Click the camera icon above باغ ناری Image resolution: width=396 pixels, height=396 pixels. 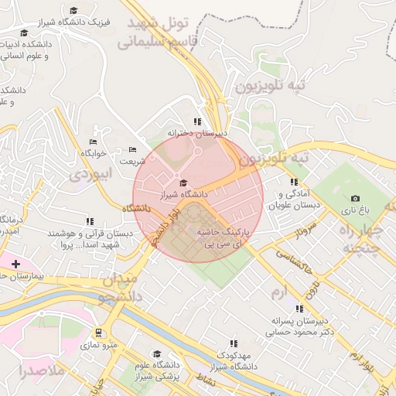point(355,199)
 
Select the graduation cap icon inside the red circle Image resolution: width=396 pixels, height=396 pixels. point(183,183)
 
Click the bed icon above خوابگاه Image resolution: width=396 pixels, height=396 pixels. point(94,142)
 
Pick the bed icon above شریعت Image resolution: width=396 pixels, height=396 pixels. point(132,149)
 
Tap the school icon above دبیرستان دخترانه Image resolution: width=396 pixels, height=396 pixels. point(197,121)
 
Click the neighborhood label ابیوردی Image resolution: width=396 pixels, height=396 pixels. point(91,173)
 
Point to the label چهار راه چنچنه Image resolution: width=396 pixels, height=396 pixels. point(361,239)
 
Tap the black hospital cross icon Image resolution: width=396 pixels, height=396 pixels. point(15,264)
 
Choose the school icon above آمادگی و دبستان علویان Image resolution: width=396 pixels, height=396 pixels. point(293,182)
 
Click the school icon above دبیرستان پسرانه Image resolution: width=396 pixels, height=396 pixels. point(299,309)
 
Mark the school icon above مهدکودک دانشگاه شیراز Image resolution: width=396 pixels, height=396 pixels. point(233,343)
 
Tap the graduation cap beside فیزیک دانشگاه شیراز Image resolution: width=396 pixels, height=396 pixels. point(73,11)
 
